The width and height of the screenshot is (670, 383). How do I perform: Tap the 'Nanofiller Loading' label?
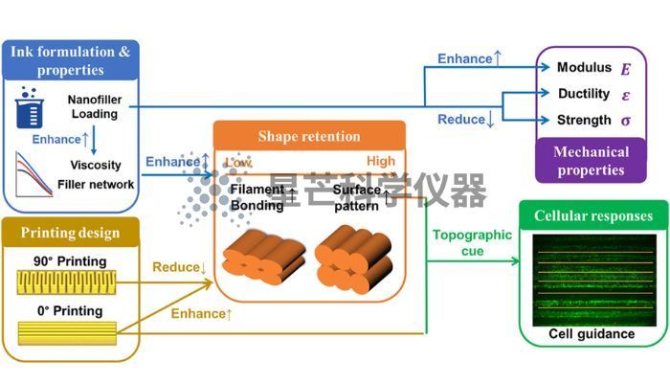tap(95, 107)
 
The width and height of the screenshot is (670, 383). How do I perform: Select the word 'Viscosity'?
tap(96, 165)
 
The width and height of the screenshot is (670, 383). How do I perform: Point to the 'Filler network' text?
tap(96, 185)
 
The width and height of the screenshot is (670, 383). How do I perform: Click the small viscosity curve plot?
tap(33, 175)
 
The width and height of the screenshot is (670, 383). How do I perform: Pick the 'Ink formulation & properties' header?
tap(71, 60)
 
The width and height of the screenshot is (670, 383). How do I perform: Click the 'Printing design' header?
tap(71, 233)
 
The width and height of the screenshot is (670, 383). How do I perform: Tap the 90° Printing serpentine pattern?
tap(66, 282)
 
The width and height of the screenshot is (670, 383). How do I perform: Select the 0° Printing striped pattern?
tap(67, 333)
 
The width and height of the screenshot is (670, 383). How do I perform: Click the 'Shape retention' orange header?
tap(309, 136)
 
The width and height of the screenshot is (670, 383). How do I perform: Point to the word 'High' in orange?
tap(381, 161)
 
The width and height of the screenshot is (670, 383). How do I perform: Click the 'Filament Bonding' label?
tap(257, 197)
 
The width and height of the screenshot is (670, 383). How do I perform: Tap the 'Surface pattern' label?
tap(356, 197)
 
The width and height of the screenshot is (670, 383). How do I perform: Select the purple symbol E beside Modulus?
tap(626, 69)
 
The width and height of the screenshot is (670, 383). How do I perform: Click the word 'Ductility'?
tap(584, 94)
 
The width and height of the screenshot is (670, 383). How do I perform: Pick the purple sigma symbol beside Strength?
tap(626, 121)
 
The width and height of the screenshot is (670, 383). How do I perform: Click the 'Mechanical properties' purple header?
tap(591, 161)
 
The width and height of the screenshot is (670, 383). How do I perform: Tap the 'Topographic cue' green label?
tap(472, 243)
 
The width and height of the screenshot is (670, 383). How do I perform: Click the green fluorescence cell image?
tap(594, 281)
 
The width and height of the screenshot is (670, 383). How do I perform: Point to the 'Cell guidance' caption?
tap(592, 334)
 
